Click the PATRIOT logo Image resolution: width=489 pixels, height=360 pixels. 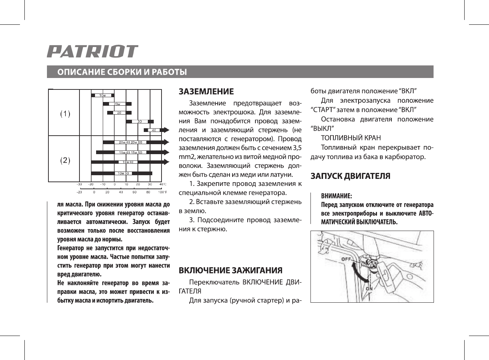(92, 51)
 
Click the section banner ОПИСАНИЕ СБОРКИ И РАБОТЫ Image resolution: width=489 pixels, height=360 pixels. (122, 72)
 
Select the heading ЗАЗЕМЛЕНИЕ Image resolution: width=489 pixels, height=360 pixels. (206, 92)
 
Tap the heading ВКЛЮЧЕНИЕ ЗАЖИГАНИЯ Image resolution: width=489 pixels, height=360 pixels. (230, 270)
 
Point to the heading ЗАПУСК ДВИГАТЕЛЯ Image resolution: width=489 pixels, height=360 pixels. (350, 176)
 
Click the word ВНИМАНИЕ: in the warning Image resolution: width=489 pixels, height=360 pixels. (336, 196)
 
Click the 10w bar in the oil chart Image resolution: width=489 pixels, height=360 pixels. (103, 95)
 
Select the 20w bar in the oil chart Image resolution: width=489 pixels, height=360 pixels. (117, 104)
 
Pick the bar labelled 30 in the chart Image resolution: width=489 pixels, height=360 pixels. (139, 121)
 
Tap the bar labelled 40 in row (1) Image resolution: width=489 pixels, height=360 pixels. (154, 130)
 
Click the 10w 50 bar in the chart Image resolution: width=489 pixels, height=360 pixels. (122, 173)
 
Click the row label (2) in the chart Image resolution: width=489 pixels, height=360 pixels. (65, 160)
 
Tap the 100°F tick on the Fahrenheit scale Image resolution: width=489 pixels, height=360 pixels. (162, 192)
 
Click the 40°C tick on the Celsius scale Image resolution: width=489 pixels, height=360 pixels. (163, 184)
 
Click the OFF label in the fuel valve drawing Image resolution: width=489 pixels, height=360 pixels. (346, 259)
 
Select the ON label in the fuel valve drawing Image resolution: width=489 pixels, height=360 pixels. (369, 288)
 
